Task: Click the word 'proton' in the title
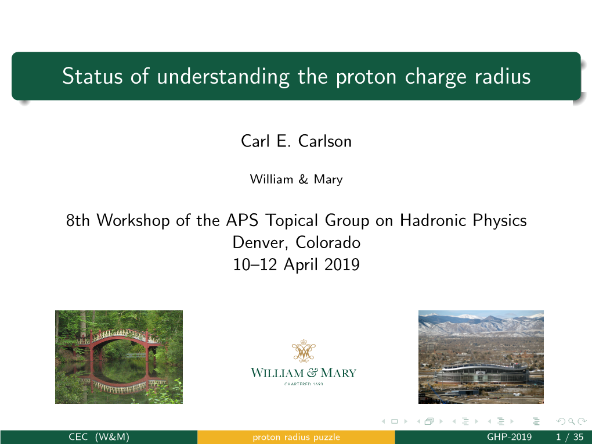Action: click(x=366, y=77)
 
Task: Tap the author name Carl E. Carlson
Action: click(x=297, y=141)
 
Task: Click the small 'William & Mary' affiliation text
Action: click(x=297, y=179)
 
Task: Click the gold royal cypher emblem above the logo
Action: click(x=304, y=350)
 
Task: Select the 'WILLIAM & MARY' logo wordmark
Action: click(x=304, y=373)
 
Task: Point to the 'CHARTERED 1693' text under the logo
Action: click(x=304, y=384)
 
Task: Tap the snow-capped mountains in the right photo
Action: click(x=481, y=323)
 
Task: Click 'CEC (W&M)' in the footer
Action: click(x=99, y=437)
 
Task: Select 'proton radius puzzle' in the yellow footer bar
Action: click(x=297, y=438)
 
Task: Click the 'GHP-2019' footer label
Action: click(x=510, y=437)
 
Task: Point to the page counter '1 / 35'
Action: click(x=570, y=437)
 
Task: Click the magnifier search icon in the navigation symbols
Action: click(x=572, y=421)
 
